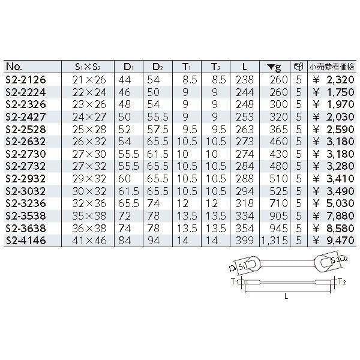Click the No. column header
(x=14, y=67)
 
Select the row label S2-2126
(x=26, y=80)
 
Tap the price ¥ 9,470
(x=334, y=241)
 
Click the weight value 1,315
(x=274, y=241)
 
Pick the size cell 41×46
(x=89, y=241)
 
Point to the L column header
(x=245, y=67)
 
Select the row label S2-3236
(x=26, y=203)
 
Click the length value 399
(x=245, y=241)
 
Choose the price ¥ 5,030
(x=334, y=203)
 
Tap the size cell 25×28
(x=89, y=130)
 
